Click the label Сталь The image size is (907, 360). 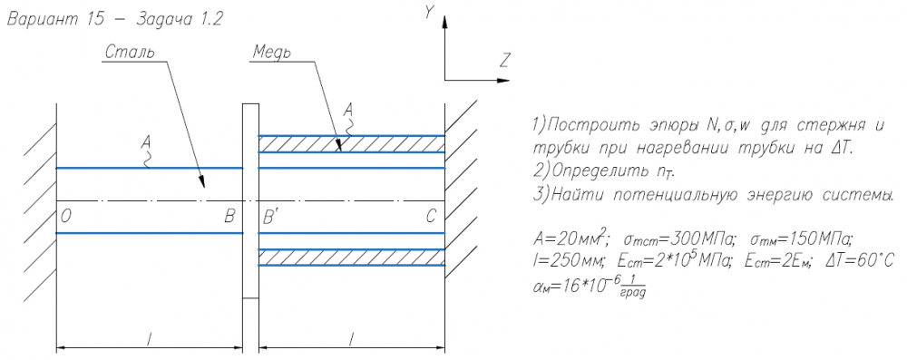pos(130,52)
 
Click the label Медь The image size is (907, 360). pos(272,53)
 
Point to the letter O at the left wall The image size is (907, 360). pos(65,218)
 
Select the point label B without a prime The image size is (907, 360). pos(230,218)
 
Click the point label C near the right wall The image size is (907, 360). pos(431,218)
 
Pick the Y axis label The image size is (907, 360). pos(429,12)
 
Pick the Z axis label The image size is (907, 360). pos(505,60)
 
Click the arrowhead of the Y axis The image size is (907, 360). pos(444,22)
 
